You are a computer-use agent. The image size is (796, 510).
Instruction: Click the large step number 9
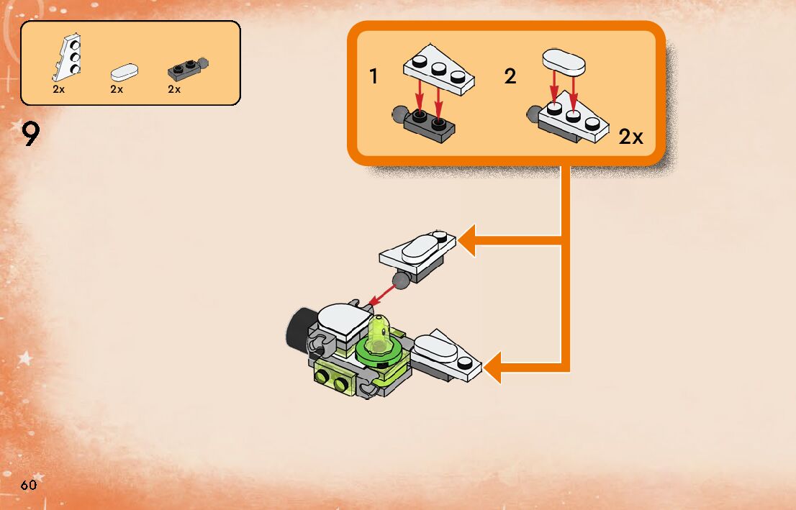click(x=30, y=135)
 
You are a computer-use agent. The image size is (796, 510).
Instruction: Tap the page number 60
click(x=28, y=485)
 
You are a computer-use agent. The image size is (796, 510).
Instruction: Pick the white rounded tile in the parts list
click(x=125, y=71)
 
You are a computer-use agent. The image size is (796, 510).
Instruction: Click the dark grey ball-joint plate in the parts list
click(x=186, y=68)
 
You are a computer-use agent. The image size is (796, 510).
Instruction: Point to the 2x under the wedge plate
click(x=59, y=90)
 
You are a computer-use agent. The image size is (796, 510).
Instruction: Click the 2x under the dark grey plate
click(x=174, y=90)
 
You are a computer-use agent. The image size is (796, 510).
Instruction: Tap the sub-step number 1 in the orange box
click(x=374, y=76)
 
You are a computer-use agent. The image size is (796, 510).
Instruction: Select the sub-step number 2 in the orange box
click(x=510, y=76)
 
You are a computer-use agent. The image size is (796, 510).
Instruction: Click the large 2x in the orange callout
click(x=630, y=137)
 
